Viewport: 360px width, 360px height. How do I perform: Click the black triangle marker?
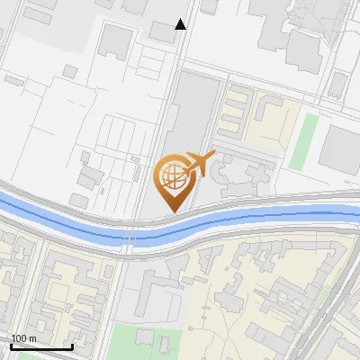tap(181, 24)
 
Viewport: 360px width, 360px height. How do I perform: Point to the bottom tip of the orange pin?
tap(171, 211)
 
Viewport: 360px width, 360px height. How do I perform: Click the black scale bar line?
tap(41, 346)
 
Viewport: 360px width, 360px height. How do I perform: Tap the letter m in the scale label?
tap(32, 338)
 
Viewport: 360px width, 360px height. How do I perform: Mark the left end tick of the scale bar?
tap(11, 346)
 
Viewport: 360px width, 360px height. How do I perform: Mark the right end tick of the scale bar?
tap(72, 346)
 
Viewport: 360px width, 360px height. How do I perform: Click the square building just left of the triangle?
tap(162, 32)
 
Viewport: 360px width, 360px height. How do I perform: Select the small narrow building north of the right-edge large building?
tap(337, 85)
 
